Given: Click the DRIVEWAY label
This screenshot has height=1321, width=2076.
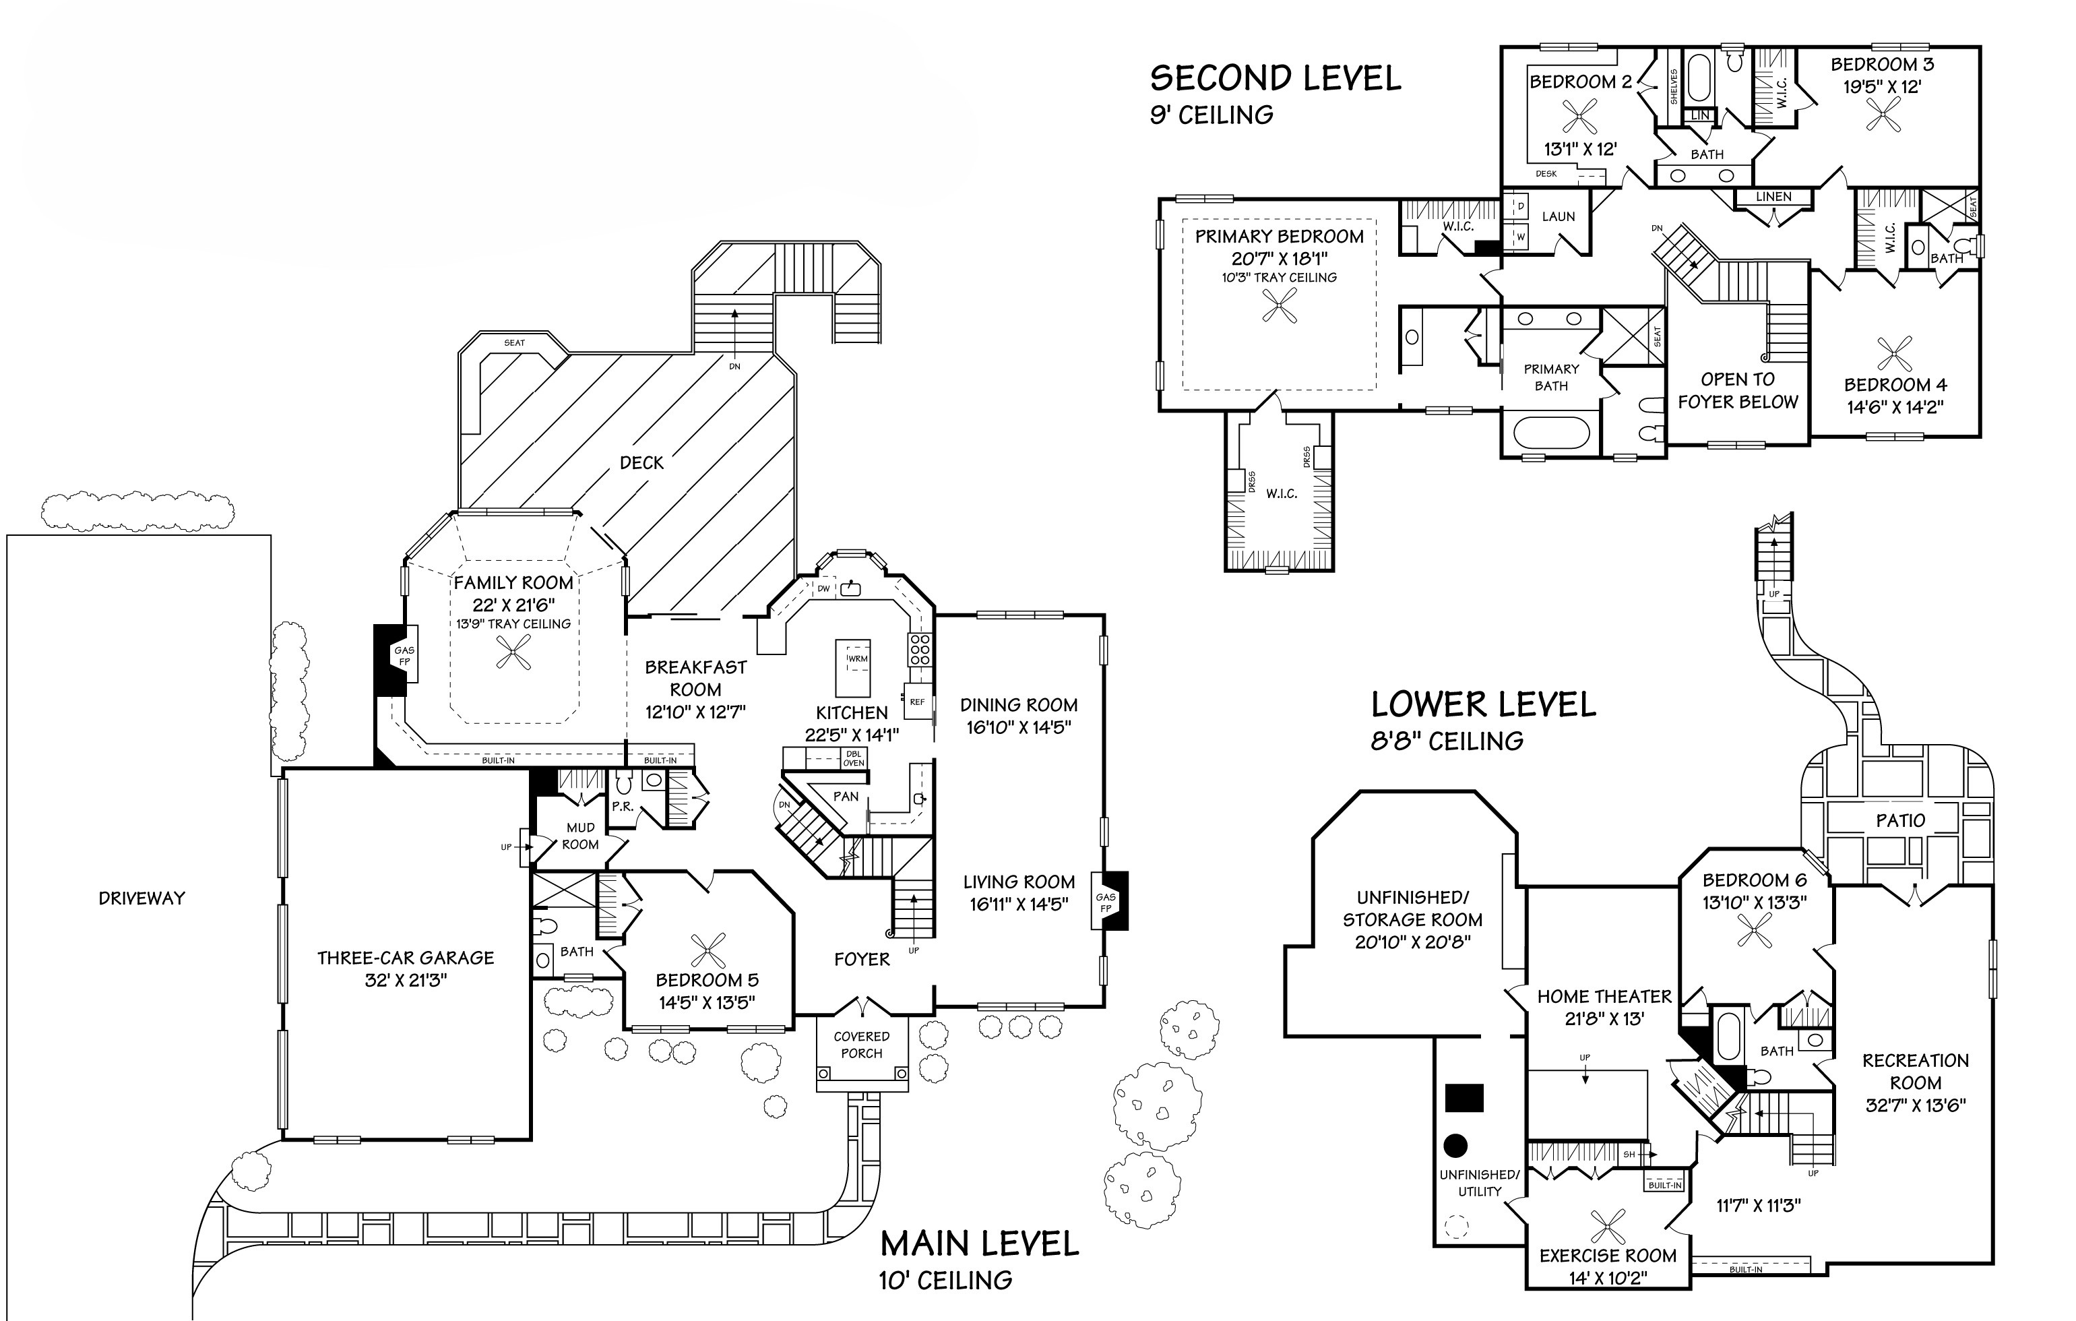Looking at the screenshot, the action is coord(141,898).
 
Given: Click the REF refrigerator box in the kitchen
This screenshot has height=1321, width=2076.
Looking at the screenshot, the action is coord(916,701).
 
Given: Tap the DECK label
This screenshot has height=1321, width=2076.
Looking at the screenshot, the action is coord(641,463).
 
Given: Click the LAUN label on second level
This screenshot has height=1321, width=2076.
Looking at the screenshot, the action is coord(1559,216).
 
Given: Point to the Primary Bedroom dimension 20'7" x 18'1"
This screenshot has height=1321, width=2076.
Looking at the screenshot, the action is coord(1280,259).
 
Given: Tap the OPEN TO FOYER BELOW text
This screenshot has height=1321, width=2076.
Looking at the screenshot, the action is coord(1737,391).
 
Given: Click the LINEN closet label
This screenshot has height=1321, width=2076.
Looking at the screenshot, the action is coord(1773,197).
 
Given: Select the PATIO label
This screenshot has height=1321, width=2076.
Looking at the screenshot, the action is coord(1900,821).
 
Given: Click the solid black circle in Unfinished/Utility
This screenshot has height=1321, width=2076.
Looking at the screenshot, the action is coord(1456,1145).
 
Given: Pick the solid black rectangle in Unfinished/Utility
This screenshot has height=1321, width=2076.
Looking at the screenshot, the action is coord(1464,1098).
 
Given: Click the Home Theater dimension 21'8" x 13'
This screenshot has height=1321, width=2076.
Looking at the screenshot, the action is coord(1604,1018).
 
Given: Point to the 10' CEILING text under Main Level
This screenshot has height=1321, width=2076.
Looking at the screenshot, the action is coord(946,1281).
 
